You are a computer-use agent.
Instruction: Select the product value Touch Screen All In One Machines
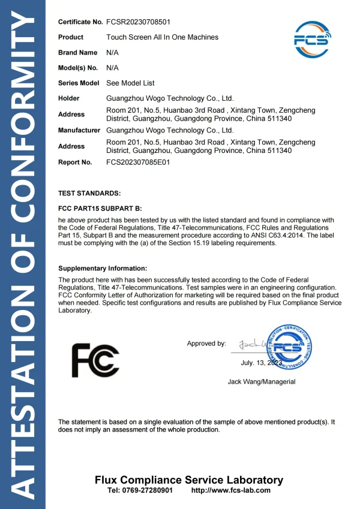click(x=162, y=37)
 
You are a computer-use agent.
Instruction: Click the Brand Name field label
click(x=77, y=53)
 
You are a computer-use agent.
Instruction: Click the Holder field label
click(x=69, y=98)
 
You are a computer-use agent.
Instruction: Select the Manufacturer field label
click(x=79, y=130)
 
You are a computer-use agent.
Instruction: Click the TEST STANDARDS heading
click(x=89, y=193)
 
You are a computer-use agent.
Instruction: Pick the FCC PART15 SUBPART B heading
click(x=100, y=208)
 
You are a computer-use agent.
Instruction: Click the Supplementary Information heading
click(x=103, y=269)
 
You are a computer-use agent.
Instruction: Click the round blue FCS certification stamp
click(x=290, y=347)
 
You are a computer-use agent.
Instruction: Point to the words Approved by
click(x=206, y=344)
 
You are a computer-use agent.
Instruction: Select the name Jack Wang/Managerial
click(x=262, y=381)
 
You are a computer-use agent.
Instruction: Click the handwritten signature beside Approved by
click(x=252, y=345)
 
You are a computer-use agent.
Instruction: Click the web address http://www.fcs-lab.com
click(x=230, y=490)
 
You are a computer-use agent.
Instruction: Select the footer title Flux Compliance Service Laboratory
click(x=189, y=480)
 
